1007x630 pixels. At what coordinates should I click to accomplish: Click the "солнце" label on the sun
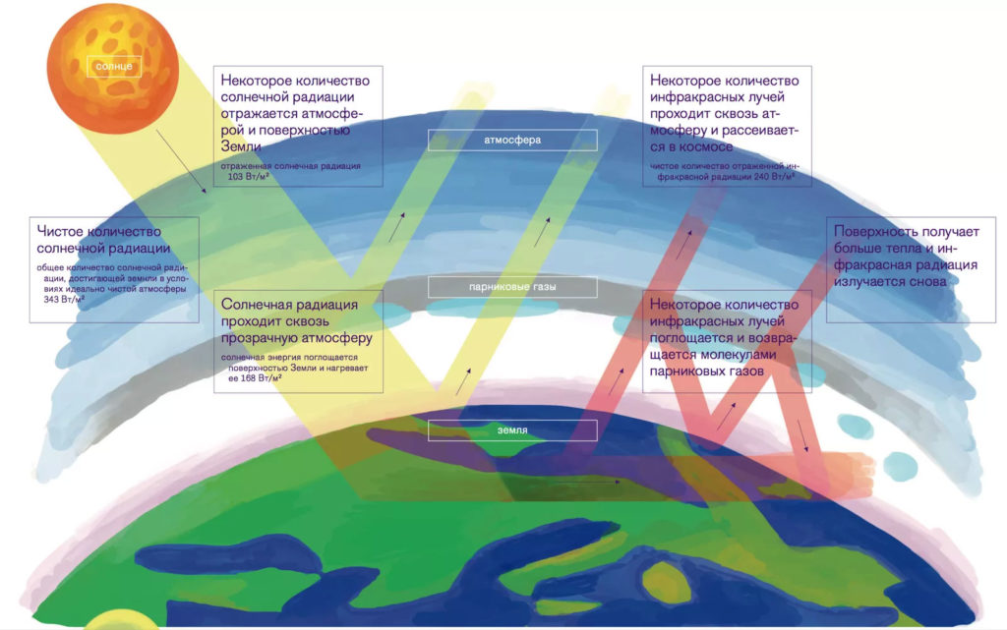click(x=114, y=66)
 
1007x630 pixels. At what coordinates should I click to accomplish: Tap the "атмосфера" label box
click(x=512, y=140)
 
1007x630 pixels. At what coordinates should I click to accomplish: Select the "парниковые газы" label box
click(x=512, y=287)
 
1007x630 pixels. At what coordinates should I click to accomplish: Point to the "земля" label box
click(x=512, y=430)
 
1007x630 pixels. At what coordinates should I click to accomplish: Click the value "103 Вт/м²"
click(x=249, y=177)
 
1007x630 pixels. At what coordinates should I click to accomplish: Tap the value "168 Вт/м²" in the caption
click(x=261, y=377)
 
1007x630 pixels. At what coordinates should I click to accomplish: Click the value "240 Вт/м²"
click(x=774, y=177)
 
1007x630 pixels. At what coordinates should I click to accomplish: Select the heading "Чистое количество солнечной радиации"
click(x=103, y=239)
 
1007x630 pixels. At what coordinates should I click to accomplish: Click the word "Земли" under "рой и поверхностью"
click(x=241, y=146)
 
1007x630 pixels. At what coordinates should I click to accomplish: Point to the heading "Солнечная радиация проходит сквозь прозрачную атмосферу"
click(x=296, y=320)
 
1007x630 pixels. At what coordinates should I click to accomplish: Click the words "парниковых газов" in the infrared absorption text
click(x=706, y=371)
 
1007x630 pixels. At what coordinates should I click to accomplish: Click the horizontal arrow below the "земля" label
click(x=588, y=482)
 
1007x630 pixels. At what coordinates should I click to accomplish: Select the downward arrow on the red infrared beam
click(x=802, y=436)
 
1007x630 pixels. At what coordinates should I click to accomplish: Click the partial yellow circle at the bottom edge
click(x=121, y=620)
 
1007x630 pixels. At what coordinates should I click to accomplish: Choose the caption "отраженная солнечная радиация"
click(x=290, y=166)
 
